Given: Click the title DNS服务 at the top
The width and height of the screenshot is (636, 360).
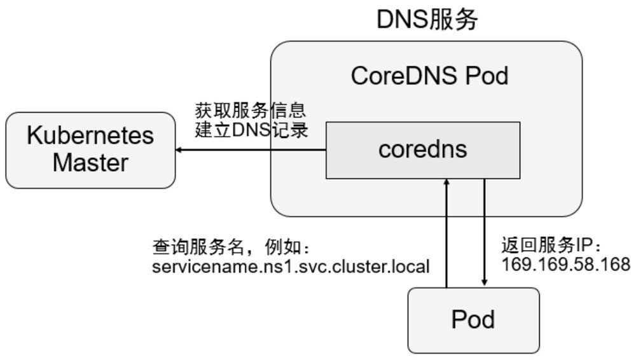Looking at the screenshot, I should pos(427,20).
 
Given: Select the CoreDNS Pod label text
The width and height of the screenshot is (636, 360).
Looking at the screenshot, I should pos(429,76).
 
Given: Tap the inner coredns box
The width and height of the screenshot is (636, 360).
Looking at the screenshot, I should pos(423,150).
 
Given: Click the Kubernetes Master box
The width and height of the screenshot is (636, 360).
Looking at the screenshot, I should pos(90,150).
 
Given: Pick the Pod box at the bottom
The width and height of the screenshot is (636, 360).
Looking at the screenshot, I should pos(473,320).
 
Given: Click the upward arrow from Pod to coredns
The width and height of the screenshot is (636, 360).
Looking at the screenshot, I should pos(447,235).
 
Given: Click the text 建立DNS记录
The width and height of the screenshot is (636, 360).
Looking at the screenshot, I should pos(251,130).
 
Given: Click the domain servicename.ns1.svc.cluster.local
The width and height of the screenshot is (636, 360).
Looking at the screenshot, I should pos(291,267).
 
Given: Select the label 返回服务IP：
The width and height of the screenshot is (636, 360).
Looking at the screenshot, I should pos(551,246).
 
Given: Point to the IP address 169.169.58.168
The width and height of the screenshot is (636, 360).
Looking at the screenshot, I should pos(565,265).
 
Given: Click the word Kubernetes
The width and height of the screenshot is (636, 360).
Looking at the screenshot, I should pos(90,135).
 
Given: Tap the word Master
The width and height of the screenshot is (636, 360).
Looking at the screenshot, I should pos(90,163).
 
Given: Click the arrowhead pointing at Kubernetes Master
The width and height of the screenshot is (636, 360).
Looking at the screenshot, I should pos(180,150).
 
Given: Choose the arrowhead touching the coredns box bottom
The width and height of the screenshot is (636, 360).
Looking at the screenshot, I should pos(447,183).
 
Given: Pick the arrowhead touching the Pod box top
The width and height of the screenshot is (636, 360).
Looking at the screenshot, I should pos(485,283).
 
